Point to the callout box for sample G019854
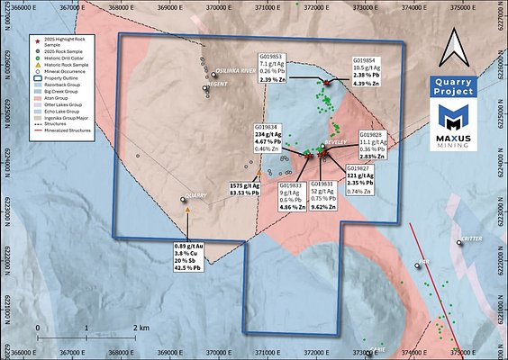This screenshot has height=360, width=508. click(x=372, y=71)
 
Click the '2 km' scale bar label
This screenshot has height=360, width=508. click(x=141, y=326)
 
